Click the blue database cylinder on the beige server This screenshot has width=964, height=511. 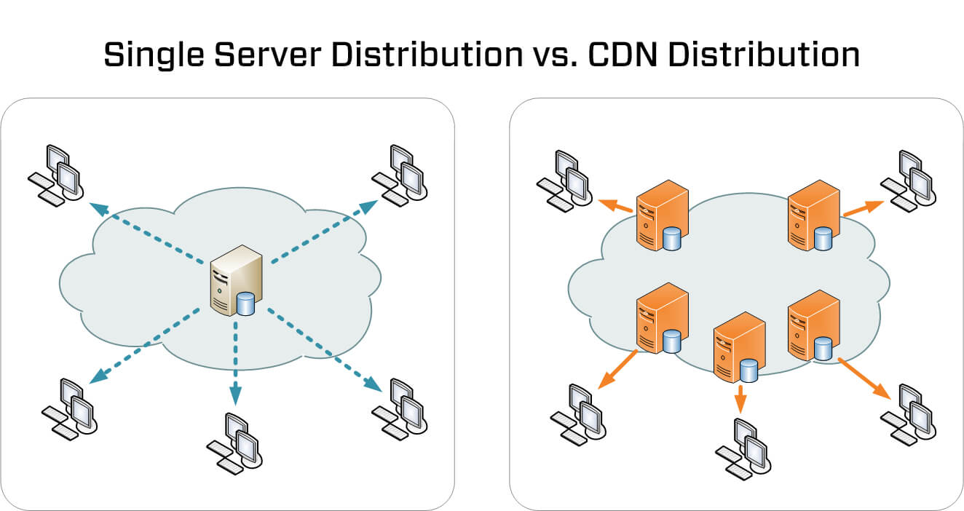(246, 303)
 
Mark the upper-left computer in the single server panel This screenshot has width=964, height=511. (58, 174)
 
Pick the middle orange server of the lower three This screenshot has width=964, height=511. (738, 348)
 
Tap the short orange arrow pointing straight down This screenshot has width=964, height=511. (740, 400)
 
